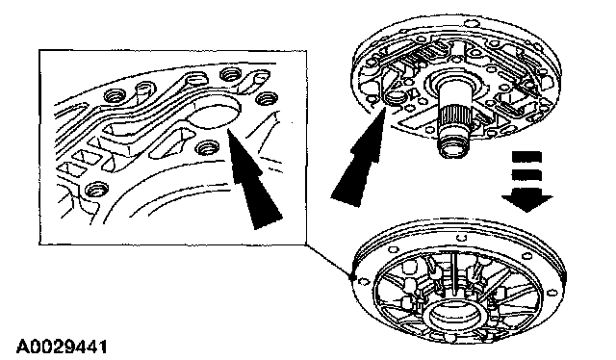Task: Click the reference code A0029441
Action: click(62, 347)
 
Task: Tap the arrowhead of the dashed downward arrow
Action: click(526, 201)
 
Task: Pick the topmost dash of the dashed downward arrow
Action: click(526, 158)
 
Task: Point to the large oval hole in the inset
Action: click(214, 113)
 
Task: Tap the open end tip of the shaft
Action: click(454, 150)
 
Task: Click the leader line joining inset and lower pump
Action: click(329, 261)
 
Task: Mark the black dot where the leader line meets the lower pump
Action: click(352, 277)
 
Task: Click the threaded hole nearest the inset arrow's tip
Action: click(206, 148)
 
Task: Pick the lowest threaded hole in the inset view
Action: click(95, 190)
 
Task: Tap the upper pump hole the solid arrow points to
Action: click(394, 96)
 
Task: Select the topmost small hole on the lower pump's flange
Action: click(462, 237)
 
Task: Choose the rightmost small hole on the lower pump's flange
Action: click(552, 293)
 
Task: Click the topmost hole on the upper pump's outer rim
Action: click(469, 23)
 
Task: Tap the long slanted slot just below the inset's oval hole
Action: click(168, 143)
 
